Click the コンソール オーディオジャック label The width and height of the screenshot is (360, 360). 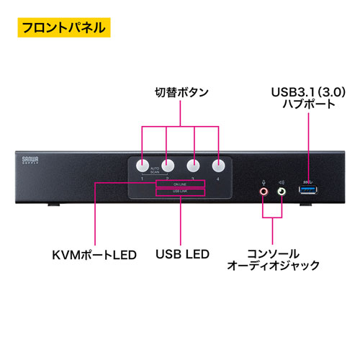pyautogui.click(x=273, y=260)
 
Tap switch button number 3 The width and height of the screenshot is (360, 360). pyautogui.click(x=193, y=164)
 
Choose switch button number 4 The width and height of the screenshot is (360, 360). pyautogui.click(x=218, y=164)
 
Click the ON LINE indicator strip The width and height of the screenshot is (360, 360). pyautogui.click(x=180, y=184)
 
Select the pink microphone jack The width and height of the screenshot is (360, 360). pyautogui.click(x=264, y=192)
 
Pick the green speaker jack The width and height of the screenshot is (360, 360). pyautogui.click(x=282, y=192)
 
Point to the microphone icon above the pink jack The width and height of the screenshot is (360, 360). pyautogui.click(x=264, y=181)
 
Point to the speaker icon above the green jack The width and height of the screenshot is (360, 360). pyautogui.click(x=282, y=181)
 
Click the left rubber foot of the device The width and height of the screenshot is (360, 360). pyautogui.click(x=52, y=205)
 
